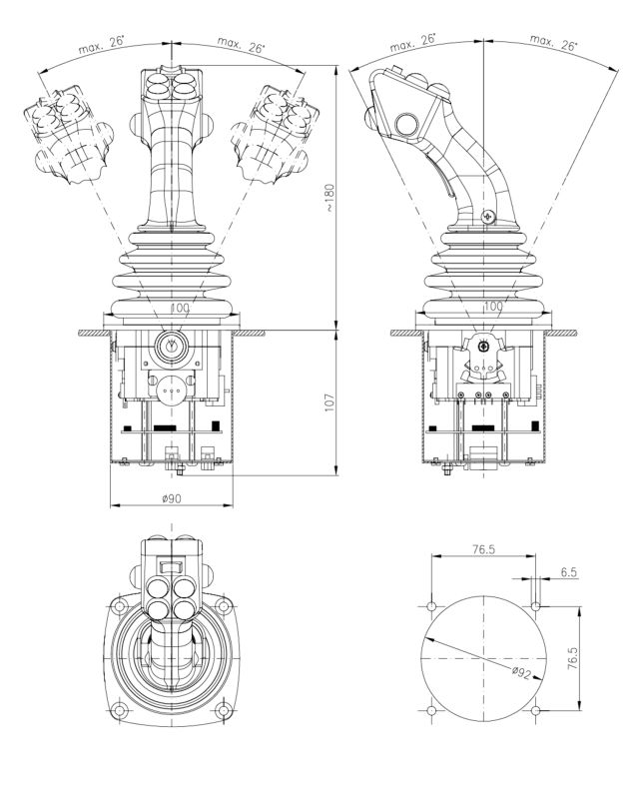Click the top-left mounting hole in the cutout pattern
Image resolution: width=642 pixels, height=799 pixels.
pyautogui.click(x=430, y=606)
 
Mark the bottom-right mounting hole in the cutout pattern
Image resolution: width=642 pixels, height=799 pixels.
pyautogui.click(x=536, y=711)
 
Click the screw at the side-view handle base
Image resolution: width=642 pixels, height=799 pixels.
pyautogui.click(x=485, y=216)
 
